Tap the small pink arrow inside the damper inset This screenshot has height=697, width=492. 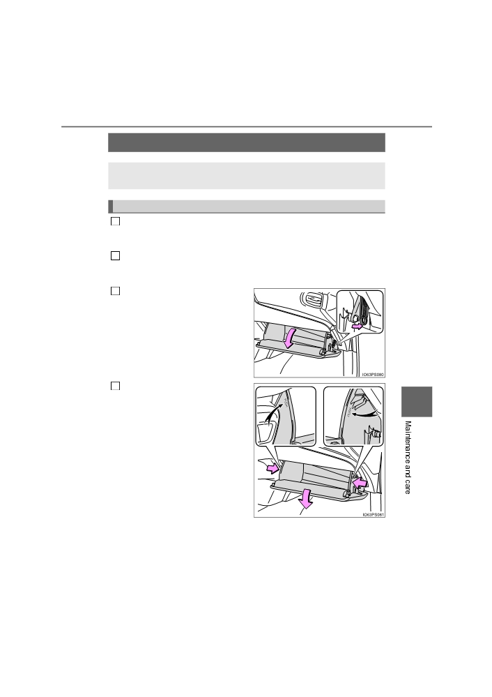coord(357,327)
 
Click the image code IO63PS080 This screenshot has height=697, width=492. coord(373,375)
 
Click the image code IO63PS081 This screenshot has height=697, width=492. coord(373,515)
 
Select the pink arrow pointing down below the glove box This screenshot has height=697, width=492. coord(305,498)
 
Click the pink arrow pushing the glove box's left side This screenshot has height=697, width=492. coord(273,469)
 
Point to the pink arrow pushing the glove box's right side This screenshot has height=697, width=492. coord(360,482)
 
